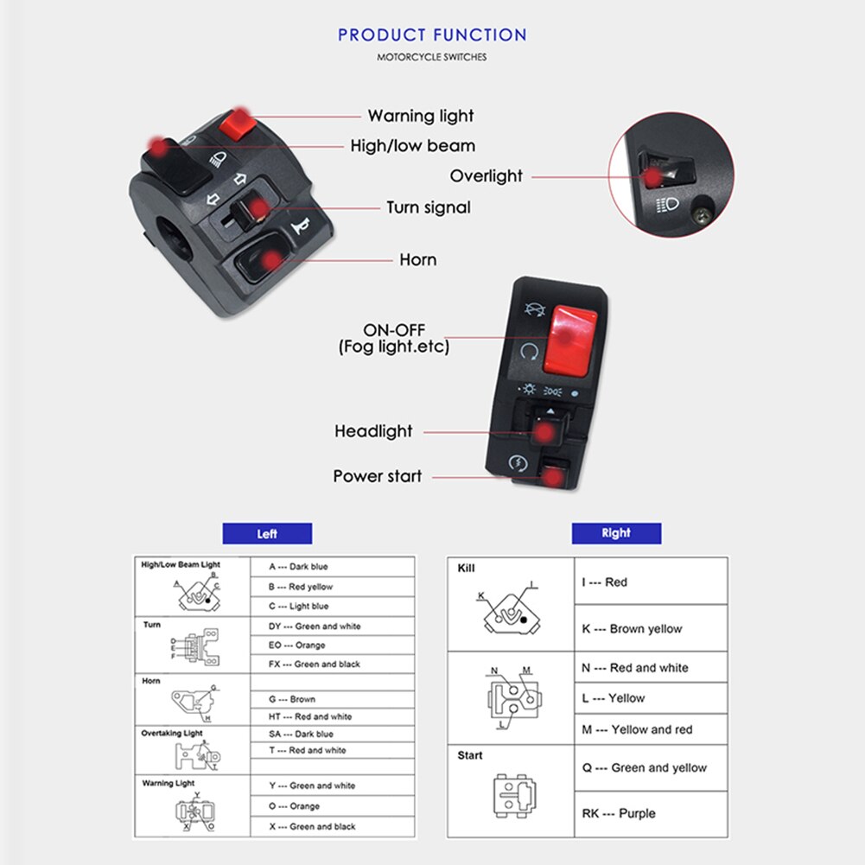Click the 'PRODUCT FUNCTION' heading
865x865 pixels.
tap(432, 35)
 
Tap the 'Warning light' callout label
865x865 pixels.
tap(421, 116)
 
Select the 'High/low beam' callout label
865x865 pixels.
tap(412, 146)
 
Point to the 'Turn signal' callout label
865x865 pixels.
tap(428, 207)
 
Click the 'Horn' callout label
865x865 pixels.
tap(417, 259)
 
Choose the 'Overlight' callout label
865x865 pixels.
tap(486, 176)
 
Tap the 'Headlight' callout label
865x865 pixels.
tap(373, 431)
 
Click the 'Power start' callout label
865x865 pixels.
tap(378, 476)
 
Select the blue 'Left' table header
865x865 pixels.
tap(267, 534)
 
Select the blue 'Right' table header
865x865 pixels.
tap(616, 533)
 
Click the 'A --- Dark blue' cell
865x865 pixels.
tap(299, 567)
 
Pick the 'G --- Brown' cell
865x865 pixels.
tap(292, 699)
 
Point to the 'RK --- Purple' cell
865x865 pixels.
tap(619, 813)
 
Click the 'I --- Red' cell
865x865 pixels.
tap(605, 582)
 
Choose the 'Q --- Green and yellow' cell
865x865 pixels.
tap(644, 767)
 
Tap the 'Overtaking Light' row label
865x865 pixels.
tap(172, 734)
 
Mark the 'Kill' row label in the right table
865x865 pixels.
tap(467, 569)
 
